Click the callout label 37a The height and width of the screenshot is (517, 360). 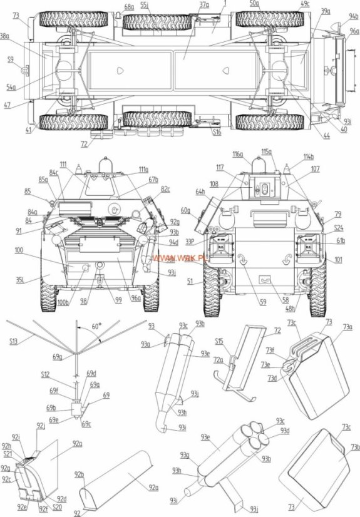click(204, 4)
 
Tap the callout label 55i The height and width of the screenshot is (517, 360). click(144, 4)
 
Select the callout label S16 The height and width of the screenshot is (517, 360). click(216, 132)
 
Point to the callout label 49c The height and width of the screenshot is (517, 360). click(305, 4)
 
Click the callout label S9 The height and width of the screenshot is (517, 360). click(10, 60)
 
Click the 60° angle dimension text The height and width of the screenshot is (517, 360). click(95, 327)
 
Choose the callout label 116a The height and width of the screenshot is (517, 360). click(237, 154)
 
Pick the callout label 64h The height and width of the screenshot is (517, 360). click(200, 192)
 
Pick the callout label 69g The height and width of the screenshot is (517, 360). click(58, 357)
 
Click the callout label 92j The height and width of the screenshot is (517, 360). click(41, 426)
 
